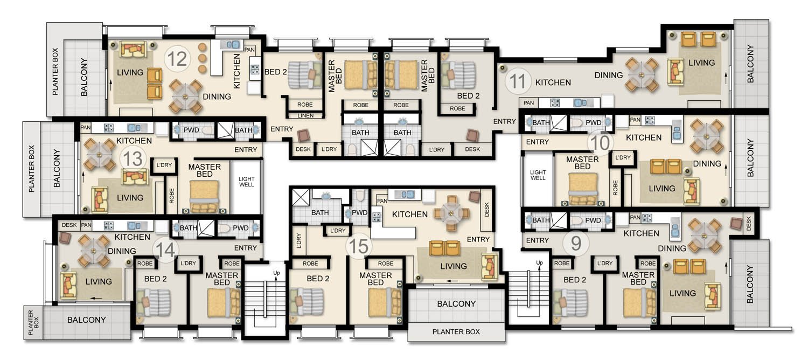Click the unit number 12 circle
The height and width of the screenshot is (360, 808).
177,59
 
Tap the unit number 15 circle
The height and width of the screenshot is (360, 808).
359,246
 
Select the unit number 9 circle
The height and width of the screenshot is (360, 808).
576,243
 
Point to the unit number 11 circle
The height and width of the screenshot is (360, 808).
518,81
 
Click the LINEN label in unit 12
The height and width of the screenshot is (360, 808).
305,115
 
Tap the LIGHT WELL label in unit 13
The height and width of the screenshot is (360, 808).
246,182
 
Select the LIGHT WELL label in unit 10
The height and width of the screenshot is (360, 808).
538,175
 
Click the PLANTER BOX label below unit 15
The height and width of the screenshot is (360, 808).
456,331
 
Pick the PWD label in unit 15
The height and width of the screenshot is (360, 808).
359,212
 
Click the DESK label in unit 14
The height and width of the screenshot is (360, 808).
69,225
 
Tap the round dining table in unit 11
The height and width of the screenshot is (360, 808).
642,75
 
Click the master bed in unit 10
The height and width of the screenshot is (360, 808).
582,189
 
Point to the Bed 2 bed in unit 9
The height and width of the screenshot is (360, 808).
570,302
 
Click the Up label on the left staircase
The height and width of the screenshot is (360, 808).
276,273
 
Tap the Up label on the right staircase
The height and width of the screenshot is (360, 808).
539,262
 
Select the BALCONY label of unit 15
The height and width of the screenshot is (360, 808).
456,304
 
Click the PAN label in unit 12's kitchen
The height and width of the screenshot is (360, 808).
249,50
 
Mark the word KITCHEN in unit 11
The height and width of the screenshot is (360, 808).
553,82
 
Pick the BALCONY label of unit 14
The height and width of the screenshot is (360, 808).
87,320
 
